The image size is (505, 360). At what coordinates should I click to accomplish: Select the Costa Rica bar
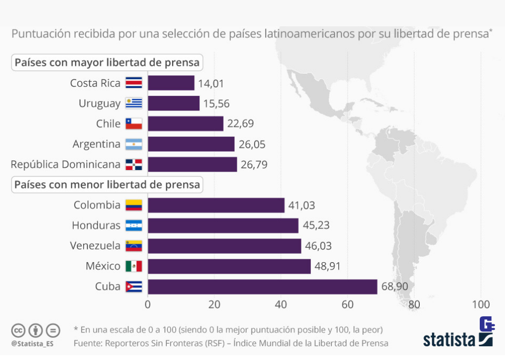coord(171,83)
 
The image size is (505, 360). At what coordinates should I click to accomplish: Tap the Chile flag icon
coord(134,124)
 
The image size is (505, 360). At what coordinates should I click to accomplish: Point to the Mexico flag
coord(134,266)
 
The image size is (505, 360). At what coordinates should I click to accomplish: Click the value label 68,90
coord(394,287)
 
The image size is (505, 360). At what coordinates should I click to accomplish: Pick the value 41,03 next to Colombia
coord(301,205)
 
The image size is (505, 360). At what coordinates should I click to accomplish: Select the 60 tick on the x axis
coord(347,304)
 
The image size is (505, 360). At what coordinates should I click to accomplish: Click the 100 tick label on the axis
coord(481,304)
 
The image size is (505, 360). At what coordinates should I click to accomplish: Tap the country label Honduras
coord(96,226)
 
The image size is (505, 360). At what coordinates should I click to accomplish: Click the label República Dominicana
coord(66,164)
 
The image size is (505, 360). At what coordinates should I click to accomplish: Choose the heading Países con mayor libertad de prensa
coord(107,63)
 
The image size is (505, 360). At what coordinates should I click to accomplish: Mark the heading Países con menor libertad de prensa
coord(107,185)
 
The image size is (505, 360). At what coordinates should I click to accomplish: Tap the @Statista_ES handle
coord(32,344)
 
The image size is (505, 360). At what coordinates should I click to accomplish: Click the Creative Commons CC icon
coord(18,331)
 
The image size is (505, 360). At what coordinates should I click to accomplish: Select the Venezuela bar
coord(224,246)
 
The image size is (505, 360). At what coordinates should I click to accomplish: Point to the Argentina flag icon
coord(134,144)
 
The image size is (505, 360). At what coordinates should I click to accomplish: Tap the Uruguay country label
coord(99,104)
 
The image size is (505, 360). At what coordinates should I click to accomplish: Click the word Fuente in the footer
coord(88,343)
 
